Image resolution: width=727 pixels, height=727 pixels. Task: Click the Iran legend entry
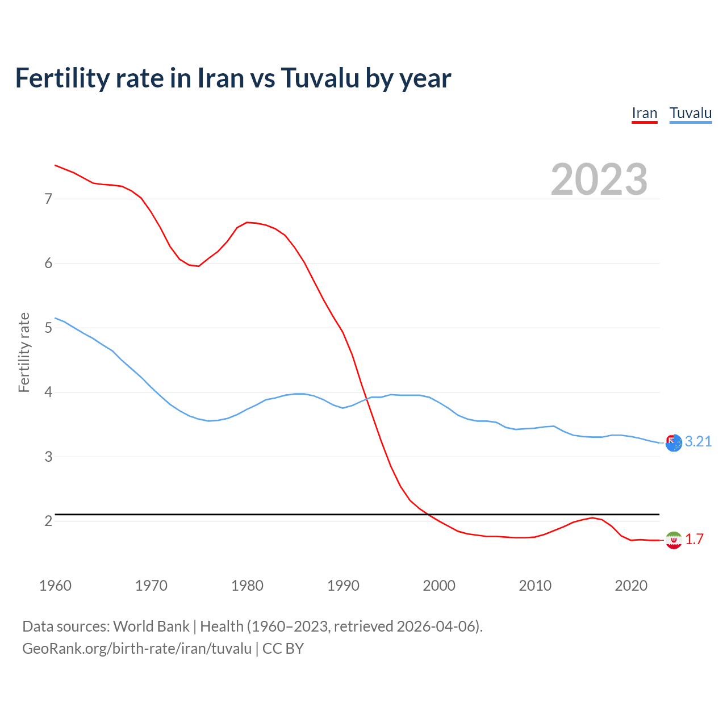644,113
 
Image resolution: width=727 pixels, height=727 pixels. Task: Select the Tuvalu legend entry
690,113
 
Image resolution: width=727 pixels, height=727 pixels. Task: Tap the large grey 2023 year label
599,179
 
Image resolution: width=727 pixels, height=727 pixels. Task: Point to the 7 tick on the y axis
48,199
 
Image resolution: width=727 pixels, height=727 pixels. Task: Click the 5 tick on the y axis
48,328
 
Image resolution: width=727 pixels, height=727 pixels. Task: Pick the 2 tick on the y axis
48,521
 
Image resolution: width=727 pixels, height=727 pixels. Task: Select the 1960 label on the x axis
55,586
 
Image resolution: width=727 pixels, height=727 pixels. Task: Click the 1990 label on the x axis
343,586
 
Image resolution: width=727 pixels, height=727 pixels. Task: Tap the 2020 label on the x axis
631,586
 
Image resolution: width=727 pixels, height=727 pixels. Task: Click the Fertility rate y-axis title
24,352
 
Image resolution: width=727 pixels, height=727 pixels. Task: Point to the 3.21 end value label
698,442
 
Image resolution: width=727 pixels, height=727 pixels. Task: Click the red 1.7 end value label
694,540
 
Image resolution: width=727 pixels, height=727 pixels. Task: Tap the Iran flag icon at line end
674,540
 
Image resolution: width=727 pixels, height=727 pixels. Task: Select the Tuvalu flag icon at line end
674,443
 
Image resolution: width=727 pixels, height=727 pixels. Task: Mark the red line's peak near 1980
247,222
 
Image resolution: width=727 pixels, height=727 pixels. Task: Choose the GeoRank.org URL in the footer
136,649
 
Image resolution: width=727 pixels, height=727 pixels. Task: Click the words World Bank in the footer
151,626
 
